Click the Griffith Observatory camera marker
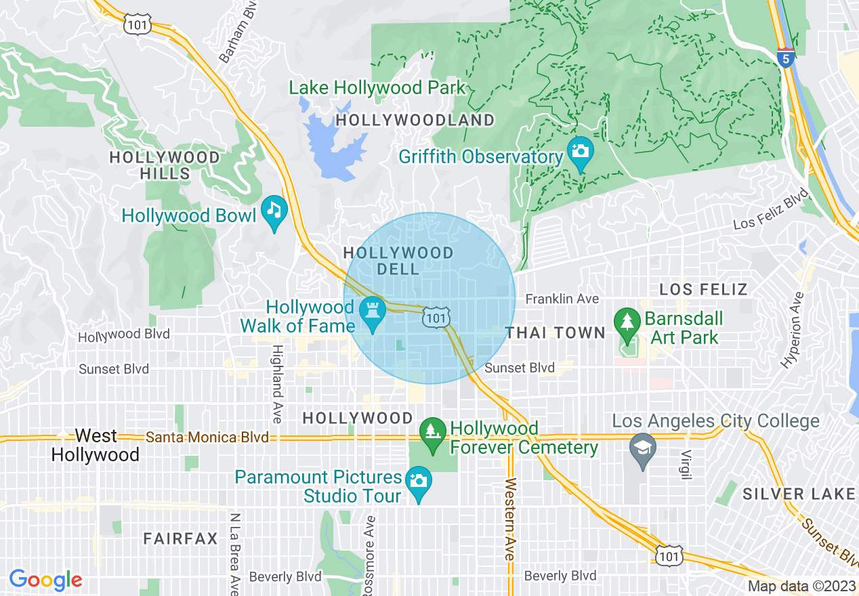coord(580,150)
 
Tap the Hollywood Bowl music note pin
coord(274,208)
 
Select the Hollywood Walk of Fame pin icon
coord(372,311)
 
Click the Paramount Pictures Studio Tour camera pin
coord(418,481)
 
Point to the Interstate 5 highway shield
coord(785,58)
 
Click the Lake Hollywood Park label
coord(377,88)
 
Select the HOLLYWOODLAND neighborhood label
coord(415,121)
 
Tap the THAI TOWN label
coord(556,333)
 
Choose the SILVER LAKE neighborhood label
coord(799,494)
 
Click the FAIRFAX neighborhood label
coord(181,539)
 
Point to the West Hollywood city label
coord(96,445)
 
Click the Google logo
coord(45,580)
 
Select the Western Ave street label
coord(510,518)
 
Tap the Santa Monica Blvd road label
coord(207,438)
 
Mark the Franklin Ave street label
coord(562,299)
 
